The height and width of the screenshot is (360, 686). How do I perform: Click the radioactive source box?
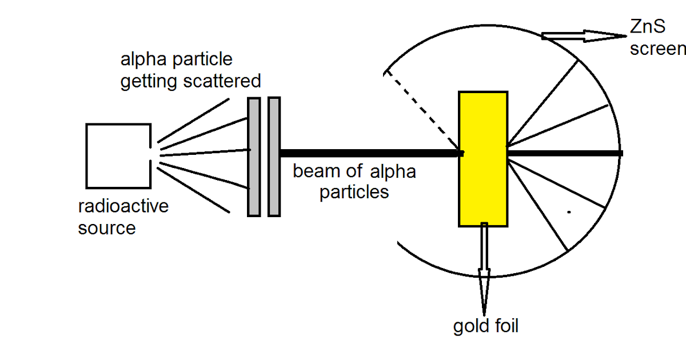point(118,156)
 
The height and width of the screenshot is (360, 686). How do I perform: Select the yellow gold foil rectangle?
point(483,159)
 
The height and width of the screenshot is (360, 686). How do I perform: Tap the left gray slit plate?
point(254,157)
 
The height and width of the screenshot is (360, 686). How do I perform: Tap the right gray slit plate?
point(274,157)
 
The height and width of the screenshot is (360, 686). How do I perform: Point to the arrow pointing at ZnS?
point(583,36)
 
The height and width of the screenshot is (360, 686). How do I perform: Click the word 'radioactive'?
point(123,206)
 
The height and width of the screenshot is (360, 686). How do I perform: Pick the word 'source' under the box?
point(107,228)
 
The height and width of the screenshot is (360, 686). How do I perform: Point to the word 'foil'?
point(504,326)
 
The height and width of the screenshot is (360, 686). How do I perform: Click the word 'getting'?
point(149,82)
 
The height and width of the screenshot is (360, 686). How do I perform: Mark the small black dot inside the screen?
point(569,213)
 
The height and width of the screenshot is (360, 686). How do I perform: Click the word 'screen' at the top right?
point(657,49)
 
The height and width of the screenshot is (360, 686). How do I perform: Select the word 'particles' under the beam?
point(354,192)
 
